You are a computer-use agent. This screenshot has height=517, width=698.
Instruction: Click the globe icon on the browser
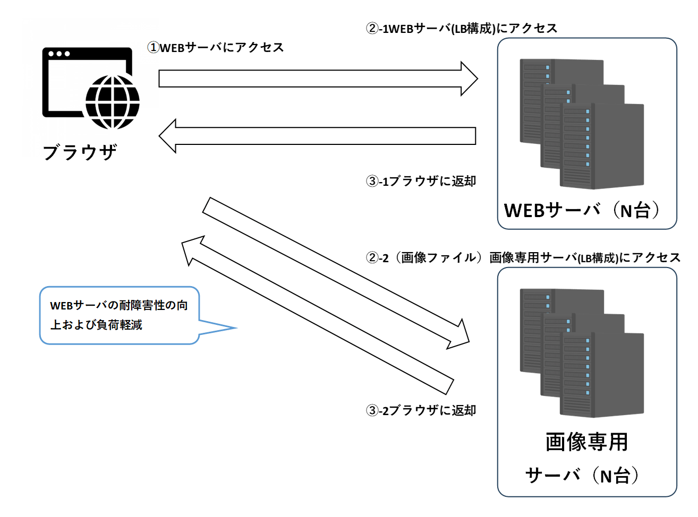pos(112,102)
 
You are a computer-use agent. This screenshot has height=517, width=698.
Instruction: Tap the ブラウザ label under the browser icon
pos(80,152)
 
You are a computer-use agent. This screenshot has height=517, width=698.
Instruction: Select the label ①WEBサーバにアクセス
pos(216,48)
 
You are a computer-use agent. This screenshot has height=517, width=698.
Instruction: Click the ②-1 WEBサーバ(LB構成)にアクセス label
pos(461,29)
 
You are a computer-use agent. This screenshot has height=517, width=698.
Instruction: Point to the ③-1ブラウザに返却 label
pos(421,181)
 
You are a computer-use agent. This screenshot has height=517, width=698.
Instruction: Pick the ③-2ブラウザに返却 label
pos(421,410)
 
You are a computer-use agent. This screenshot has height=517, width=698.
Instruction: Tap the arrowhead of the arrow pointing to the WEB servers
pos(469,79)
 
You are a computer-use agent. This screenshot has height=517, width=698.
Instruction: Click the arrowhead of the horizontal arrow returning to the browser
pos(167,136)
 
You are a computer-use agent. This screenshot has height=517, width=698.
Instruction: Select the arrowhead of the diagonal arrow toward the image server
pos(460,336)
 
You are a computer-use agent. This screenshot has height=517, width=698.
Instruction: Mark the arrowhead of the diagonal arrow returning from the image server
pos(192,249)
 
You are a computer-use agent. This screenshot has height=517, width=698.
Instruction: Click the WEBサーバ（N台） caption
pos(582,210)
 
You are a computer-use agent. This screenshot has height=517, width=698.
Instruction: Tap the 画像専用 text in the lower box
pos(586,442)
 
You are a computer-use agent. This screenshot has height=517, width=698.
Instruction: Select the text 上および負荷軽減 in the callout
pos(96,325)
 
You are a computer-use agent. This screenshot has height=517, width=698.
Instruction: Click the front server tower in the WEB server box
pos(602,146)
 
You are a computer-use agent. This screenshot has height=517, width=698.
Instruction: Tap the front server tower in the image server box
pos(602,375)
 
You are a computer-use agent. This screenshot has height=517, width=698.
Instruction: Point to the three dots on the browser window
pos(59,54)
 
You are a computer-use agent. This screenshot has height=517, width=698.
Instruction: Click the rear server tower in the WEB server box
pos(561,101)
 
